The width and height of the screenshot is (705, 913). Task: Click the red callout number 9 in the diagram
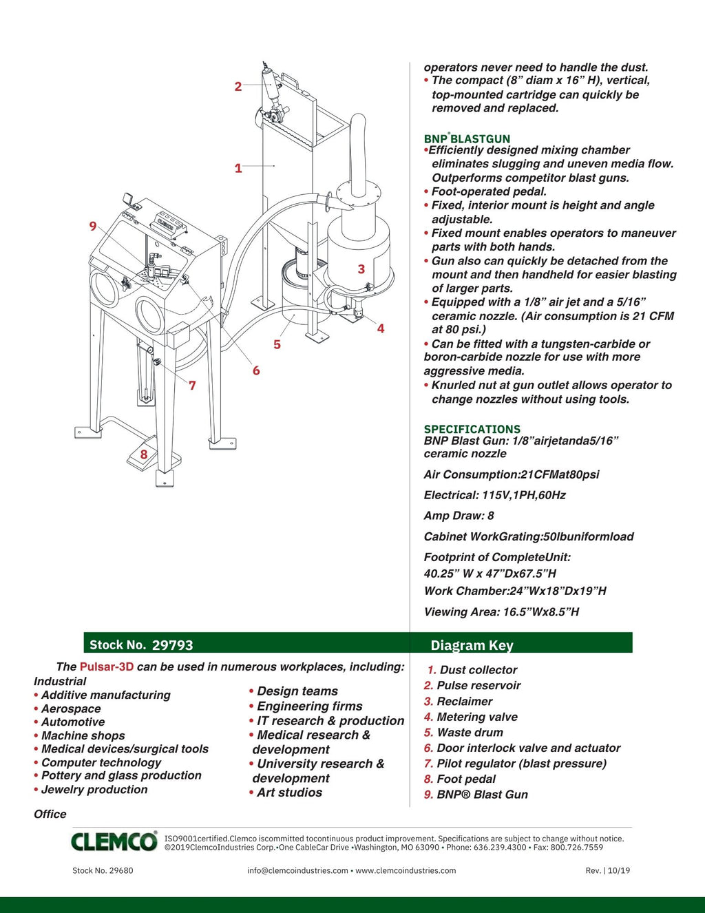(x=93, y=226)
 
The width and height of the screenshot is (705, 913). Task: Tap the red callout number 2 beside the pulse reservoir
(x=238, y=87)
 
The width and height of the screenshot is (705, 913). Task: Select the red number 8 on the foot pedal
(x=144, y=454)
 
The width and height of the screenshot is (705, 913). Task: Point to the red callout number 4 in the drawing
(x=380, y=328)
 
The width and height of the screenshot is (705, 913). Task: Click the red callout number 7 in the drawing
(x=192, y=386)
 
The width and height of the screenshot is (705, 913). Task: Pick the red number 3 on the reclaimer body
(x=361, y=269)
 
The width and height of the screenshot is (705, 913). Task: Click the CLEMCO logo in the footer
(x=114, y=841)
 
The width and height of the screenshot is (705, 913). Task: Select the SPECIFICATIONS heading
(x=472, y=429)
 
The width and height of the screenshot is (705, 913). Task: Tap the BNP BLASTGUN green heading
(x=467, y=138)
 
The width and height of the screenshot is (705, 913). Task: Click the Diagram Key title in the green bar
(x=472, y=645)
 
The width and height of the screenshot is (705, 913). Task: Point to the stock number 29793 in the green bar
(x=172, y=645)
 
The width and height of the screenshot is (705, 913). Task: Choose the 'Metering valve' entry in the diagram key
(x=477, y=717)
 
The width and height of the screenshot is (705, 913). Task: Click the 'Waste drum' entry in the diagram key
(x=470, y=733)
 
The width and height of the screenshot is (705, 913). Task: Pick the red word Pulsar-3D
(x=107, y=667)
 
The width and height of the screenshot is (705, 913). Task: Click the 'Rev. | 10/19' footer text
(x=607, y=870)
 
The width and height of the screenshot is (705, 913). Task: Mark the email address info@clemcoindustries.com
(x=297, y=870)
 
